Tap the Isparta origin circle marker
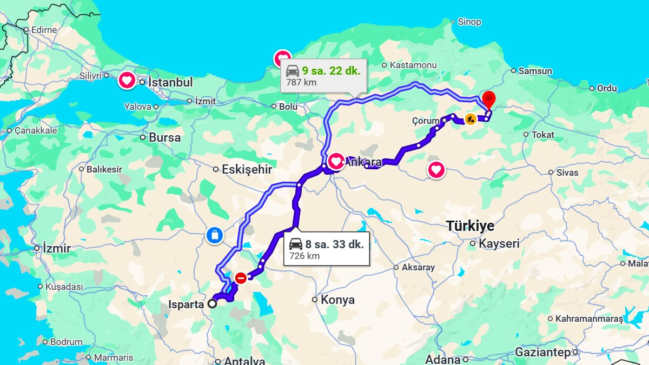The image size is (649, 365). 213,304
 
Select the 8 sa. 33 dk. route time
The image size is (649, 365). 334,244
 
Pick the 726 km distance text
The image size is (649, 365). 304,256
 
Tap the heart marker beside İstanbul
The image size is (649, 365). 127,81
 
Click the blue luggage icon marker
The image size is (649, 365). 215,235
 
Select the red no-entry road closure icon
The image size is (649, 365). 241,278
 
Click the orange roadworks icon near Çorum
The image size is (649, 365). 470,119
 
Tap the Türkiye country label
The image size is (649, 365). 470,226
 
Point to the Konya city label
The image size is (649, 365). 337,300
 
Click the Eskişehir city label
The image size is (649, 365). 247,170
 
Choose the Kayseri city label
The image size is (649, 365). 499,243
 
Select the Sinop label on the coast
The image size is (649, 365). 469,22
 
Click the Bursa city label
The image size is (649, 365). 164,137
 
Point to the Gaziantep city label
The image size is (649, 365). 542,353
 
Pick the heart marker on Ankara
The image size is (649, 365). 336,161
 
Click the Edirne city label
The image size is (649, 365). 44,30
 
